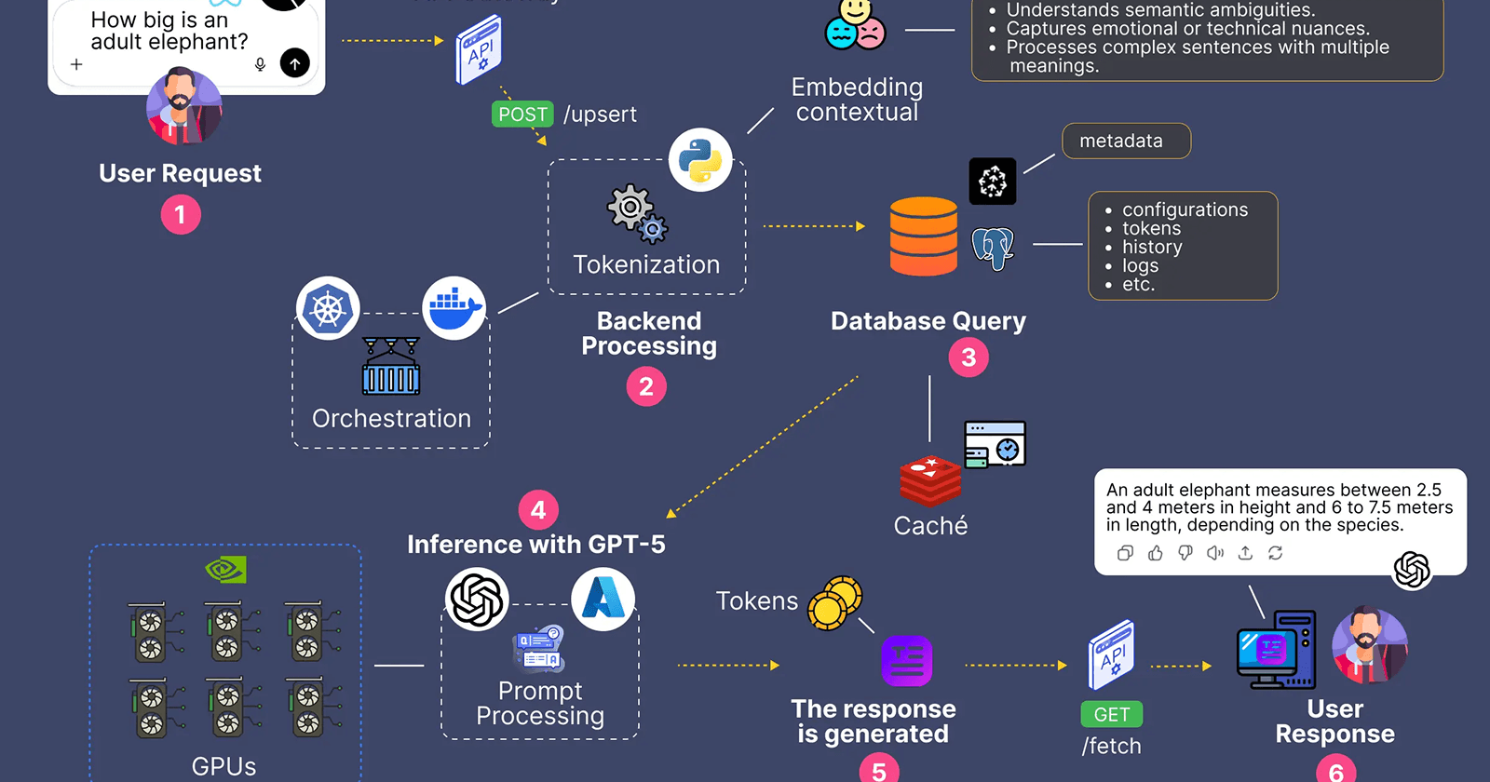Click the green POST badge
pos(522,115)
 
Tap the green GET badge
pos(1111,714)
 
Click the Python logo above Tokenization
pos(700,160)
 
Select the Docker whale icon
pos(454,308)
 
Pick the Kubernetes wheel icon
pos(328,308)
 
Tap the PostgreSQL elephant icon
pos(993,248)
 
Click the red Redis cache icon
pos(929,480)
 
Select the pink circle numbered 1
pos(181,215)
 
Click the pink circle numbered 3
pos(968,357)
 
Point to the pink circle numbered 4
pos(538,510)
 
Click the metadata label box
pos(1126,141)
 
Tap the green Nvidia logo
pos(225,569)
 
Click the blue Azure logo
pos(603,599)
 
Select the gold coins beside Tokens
pos(834,602)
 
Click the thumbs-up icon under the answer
pos(1156,553)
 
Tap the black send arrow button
pos(295,63)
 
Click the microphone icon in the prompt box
pos(260,64)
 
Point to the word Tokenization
pos(646,264)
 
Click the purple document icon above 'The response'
pos(906,661)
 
